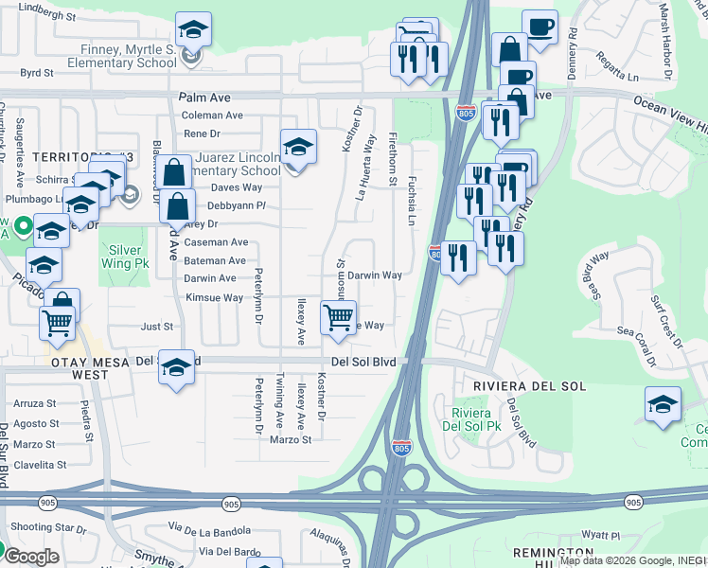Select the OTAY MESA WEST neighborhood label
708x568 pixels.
[x=80, y=368]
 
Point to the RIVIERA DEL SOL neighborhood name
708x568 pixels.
[x=529, y=387]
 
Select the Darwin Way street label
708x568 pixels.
[x=375, y=275]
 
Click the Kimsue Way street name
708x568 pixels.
[x=214, y=297]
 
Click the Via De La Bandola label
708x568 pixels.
[x=210, y=528]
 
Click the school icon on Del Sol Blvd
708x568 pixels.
[x=176, y=366]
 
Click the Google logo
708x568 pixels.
[x=31, y=557]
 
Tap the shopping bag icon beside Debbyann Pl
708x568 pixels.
[x=178, y=204]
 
